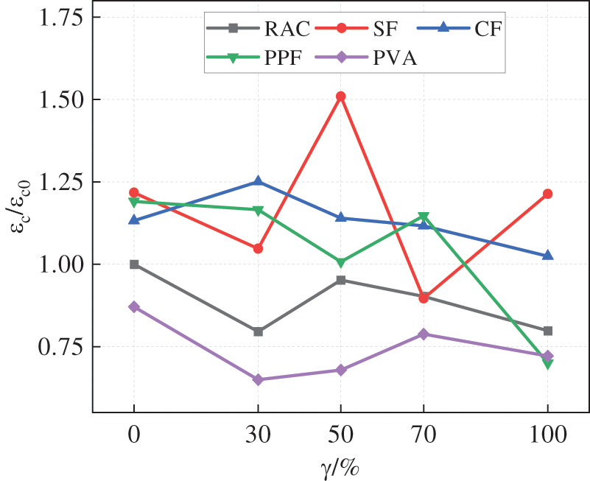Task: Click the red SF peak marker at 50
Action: pos(340,96)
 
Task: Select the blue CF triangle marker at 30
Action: pos(258,180)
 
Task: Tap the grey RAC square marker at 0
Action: pos(134,264)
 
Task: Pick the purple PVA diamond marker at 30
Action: pos(258,380)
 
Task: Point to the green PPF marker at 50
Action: pos(340,263)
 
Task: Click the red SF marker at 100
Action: pos(547,194)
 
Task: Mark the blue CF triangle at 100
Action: pos(547,255)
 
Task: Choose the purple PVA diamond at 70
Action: pos(424,334)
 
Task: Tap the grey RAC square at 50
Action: pos(340,280)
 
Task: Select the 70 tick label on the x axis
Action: pos(424,435)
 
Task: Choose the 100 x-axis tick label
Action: pos(547,435)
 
